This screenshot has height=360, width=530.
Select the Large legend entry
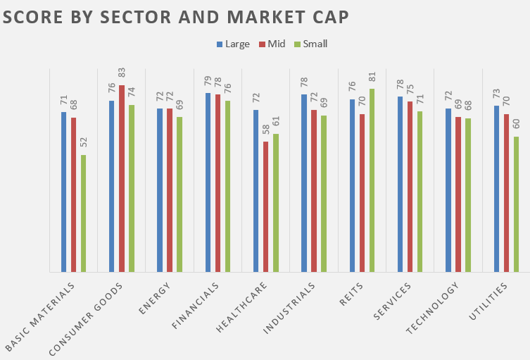(x=233, y=44)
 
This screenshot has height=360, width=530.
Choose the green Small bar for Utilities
(x=516, y=204)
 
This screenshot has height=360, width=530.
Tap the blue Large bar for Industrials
(x=304, y=182)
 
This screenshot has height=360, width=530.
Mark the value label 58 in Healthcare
(x=266, y=130)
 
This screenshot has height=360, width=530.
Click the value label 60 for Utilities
(x=516, y=125)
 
